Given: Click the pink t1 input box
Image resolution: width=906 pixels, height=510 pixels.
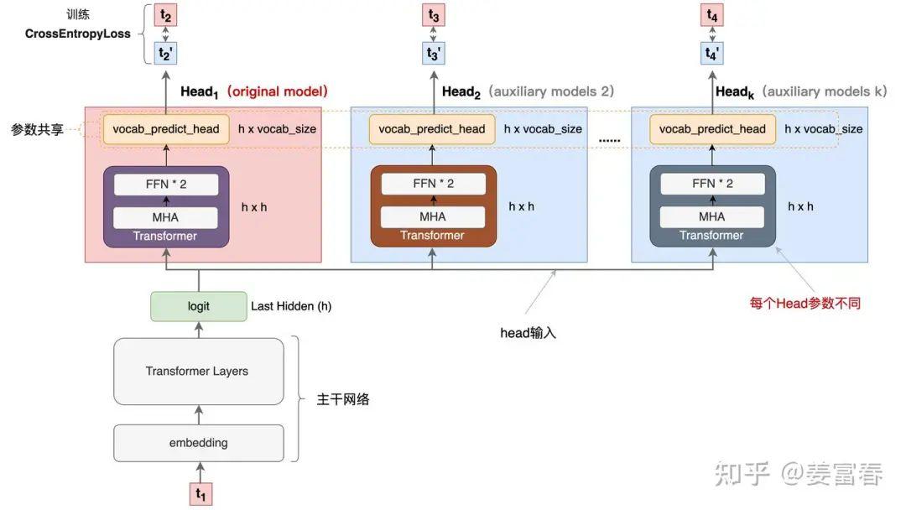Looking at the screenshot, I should pyautogui.click(x=200, y=494).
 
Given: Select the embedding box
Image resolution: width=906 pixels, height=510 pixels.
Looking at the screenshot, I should pyautogui.click(x=198, y=443).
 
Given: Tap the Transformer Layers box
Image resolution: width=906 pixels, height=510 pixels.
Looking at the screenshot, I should pyautogui.click(x=198, y=371).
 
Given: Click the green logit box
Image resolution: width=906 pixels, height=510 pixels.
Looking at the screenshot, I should pyautogui.click(x=199, y=306).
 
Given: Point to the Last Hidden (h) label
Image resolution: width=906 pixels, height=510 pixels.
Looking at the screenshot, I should pyautogui.click(x=291, y=306).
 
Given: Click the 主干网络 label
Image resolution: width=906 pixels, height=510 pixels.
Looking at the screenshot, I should pyautogui.click(x=342, y=399).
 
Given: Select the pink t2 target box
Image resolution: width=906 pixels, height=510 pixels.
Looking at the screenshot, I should pyautogui.click(x=165, y=15).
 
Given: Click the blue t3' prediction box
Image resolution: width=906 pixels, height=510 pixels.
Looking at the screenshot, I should pyautogui.click(x=433, y=53).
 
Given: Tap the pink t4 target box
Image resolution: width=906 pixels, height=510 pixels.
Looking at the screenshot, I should pyautogui.click(x=711, y=15).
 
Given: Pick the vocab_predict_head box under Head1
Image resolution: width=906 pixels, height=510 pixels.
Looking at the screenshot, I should pyautogui.click(x=166, y=129).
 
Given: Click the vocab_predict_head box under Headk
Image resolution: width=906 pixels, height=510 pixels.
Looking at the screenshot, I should pyautogui.click(x=712, y=129).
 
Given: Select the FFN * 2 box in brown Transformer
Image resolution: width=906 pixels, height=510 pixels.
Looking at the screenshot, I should pyautogui.click(x=433, y=184).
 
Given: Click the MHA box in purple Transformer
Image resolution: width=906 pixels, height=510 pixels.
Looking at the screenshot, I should pyautogui.click(x=164, y=216).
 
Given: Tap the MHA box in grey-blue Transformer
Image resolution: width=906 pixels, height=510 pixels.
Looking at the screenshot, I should pyautogui.click(x=711, y=216).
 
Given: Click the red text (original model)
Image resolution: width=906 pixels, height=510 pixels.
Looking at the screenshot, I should pyautogui.click(x=278, y=91).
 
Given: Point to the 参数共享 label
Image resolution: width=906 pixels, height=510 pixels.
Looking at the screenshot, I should pyautogui.click(x=37, y=130).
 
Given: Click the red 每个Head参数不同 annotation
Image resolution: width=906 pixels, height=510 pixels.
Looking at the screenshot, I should pyautogui.click(x=804, y=303).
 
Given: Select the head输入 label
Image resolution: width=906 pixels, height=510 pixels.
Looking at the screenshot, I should pyautogui.click(x=528, y=333).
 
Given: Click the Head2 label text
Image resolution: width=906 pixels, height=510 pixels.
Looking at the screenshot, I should pyautogui.click(x=461, y=91).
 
